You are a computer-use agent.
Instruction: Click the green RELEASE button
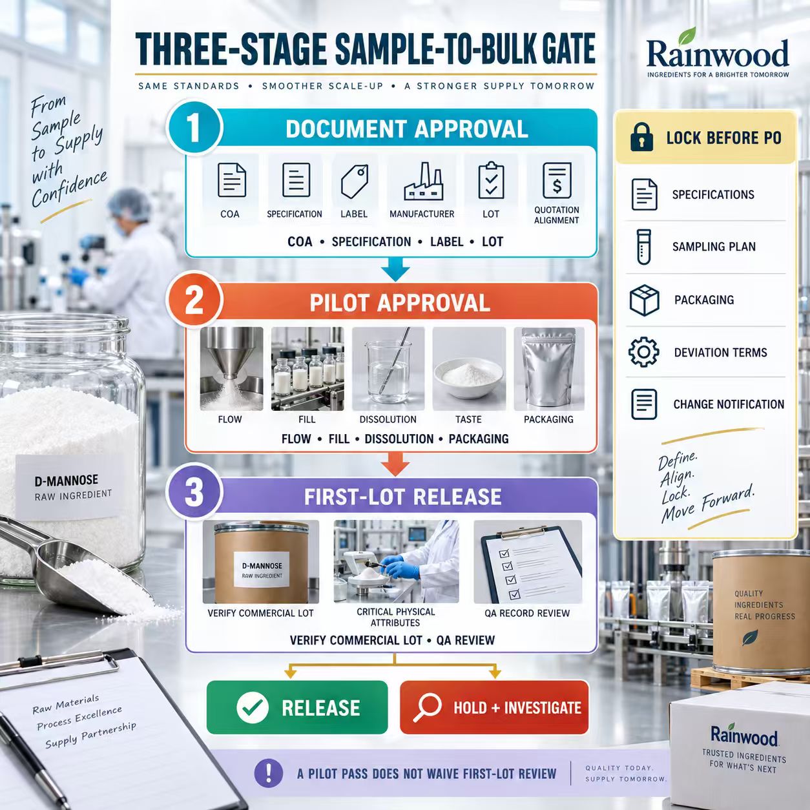click(297, 707)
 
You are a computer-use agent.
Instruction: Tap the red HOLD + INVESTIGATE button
click(494, 707)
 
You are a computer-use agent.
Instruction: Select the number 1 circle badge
click(194, 127)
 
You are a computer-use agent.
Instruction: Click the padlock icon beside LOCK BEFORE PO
click(641, 137)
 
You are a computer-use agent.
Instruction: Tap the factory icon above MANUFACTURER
click(423, 181)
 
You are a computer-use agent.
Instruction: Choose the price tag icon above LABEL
click(355, 181)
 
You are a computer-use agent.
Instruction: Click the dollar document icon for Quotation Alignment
click(557, 181)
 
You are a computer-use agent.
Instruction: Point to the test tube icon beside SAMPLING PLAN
click(643, 247)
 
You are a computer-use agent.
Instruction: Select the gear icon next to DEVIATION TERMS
click(643, 352)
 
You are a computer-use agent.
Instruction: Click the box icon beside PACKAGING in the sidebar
click(644, 300)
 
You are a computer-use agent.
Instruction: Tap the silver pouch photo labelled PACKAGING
click(549, 369)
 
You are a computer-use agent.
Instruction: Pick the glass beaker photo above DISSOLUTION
click(388, 369)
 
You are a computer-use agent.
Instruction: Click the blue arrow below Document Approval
click(395, 269)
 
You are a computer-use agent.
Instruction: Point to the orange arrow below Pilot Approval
click(395, 464)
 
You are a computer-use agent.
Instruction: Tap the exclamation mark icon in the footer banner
click(269, 773)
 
